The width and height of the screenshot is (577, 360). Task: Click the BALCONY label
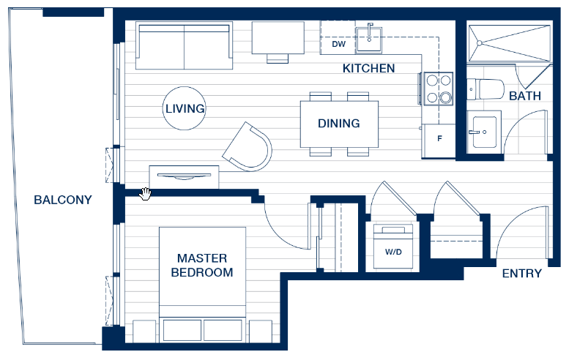63,200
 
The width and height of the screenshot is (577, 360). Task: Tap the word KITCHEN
368,68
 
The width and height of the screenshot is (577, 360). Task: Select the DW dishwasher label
338,44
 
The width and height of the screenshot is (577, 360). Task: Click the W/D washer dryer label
393,252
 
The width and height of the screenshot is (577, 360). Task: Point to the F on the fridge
439,138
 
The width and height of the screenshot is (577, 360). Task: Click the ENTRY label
522,274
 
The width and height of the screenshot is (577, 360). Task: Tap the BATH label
525,96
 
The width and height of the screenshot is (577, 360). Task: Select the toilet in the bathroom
485,89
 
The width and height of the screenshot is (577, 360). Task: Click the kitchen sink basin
369,40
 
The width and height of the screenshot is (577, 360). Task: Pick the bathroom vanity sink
485,132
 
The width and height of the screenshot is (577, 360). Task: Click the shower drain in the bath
480,43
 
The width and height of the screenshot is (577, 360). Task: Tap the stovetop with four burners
439,89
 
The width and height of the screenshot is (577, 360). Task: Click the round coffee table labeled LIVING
184,108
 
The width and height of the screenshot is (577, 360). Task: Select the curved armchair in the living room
247,147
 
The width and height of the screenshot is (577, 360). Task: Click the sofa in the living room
184,45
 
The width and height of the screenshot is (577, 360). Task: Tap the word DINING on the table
339,124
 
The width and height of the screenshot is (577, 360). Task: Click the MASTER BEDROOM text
202,265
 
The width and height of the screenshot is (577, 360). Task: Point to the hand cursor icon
146,194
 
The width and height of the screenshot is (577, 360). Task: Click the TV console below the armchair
184,177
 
